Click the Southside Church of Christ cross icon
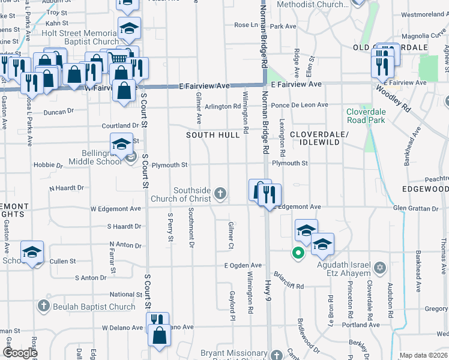[221, 193]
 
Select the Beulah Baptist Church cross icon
[43, 307]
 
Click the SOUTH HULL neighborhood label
[208, 135]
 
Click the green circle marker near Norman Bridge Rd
[297, 253]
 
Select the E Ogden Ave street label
[243, 265]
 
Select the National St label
[125, 295]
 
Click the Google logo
[20, 353]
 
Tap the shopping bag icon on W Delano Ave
[160, 338]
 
